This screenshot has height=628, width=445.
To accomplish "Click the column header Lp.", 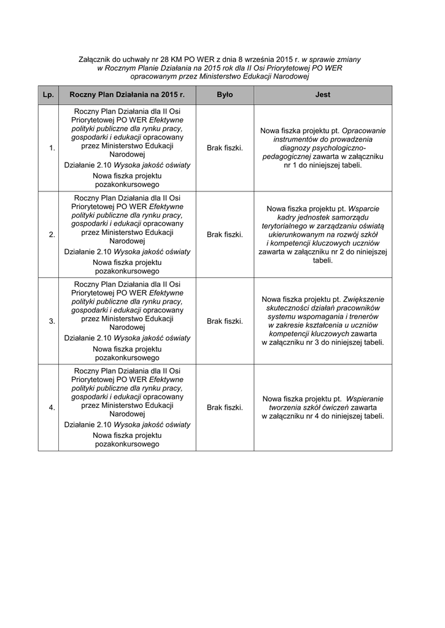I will pyautogui.click(x=48, y=95).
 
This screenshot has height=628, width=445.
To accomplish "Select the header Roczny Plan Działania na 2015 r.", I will pyautogui.click(x=127, y=95).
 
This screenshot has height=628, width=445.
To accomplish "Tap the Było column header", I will pyautogui.click(x=225, y=95).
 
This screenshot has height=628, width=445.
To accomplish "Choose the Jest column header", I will pyautogui.click(x=322, y=95).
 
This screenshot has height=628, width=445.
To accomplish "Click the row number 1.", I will pyautogui.click(x=52, y=148).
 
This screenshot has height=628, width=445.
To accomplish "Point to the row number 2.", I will pyautogui.click(x=52, y=234).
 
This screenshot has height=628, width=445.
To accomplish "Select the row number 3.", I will pyautogui.click(x=52, y=321).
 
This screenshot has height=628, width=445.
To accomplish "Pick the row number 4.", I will pyautogui.click(x=52, y=407).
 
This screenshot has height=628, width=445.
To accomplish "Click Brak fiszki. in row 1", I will pyautogui.click(x=225, y=148).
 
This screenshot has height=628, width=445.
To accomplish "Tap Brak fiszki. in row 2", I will pyautogui.click(x=225, y=234).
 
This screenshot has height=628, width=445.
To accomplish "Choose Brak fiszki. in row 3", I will pyautogui.click(x=225, y=321).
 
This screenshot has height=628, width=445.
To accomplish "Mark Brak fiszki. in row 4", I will pyautogui.click(x=225, y=407).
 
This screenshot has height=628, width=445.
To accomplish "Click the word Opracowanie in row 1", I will pyautogui.click(x=364, y=131).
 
